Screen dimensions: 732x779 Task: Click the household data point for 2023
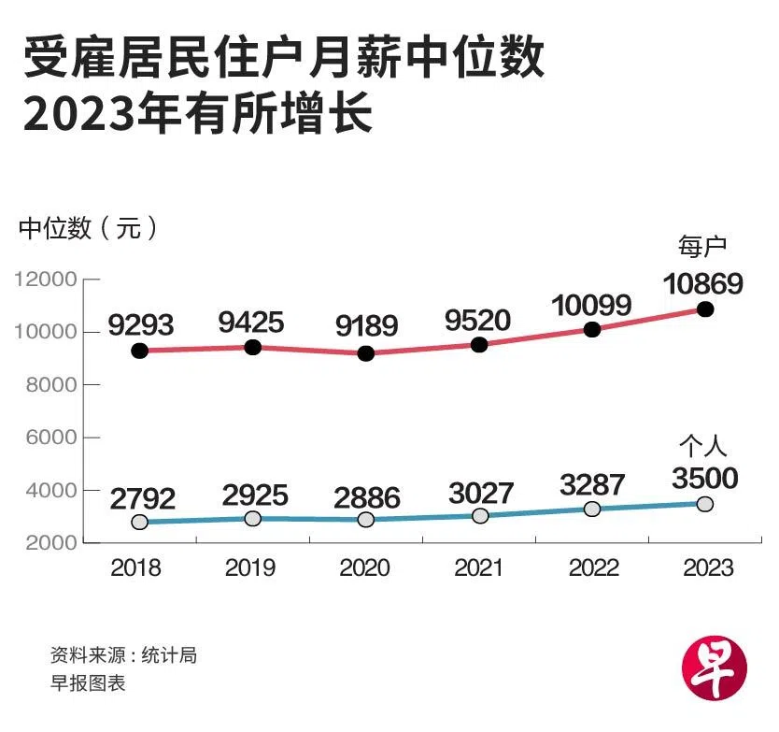pos(705,309)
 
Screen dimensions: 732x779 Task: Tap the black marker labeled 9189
pos(366,353)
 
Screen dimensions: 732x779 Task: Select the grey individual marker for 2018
pos(140,522)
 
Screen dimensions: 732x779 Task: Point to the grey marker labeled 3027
pos(479,515)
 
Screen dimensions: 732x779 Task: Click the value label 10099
pos(591,305)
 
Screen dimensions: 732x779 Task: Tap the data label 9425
pos(251,323)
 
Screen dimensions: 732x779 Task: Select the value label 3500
pos(705,479)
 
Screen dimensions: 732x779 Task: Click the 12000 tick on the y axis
pos(44,280)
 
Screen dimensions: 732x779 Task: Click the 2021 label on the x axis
pos(479,567)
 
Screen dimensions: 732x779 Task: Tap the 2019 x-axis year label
pos(251,567)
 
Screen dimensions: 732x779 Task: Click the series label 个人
pos(701,446)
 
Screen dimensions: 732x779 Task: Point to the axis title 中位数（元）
pos(89,227)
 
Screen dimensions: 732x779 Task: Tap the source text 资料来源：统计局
pos(123,654)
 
